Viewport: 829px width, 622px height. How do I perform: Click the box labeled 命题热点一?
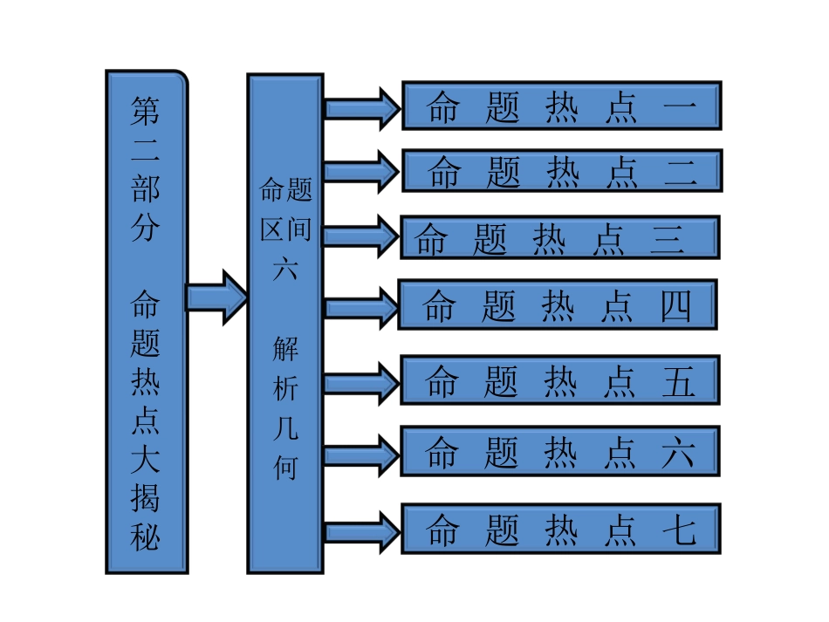(561, 106)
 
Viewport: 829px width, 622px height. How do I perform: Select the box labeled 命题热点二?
(561, 170)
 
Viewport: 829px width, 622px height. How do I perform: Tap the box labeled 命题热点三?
(559, 237)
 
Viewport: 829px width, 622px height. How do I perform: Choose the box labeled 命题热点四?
(557, 304)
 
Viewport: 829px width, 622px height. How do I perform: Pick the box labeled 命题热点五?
(560, 379)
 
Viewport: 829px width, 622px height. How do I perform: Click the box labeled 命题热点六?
(560, 451)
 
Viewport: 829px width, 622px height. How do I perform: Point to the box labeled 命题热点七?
(560, 528)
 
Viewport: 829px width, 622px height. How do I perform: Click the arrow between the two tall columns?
(216, 297)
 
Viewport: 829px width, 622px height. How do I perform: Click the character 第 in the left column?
(146, 111)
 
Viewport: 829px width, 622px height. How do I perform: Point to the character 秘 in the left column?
(146, 536)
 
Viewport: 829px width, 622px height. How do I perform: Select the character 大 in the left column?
(146, 460)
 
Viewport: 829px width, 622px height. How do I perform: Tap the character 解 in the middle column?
(285, 349)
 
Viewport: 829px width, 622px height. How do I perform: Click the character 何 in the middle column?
(285, 468)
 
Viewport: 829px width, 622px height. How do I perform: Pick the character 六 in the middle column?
(285, 269)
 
